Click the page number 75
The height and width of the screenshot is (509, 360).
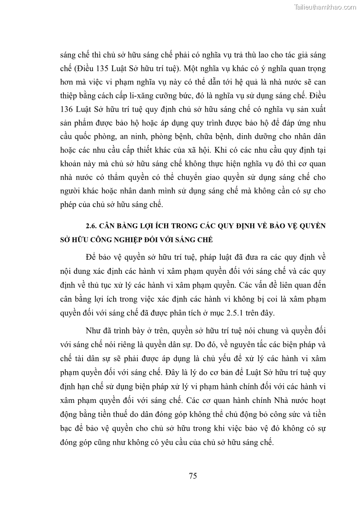[x=192, y=475]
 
